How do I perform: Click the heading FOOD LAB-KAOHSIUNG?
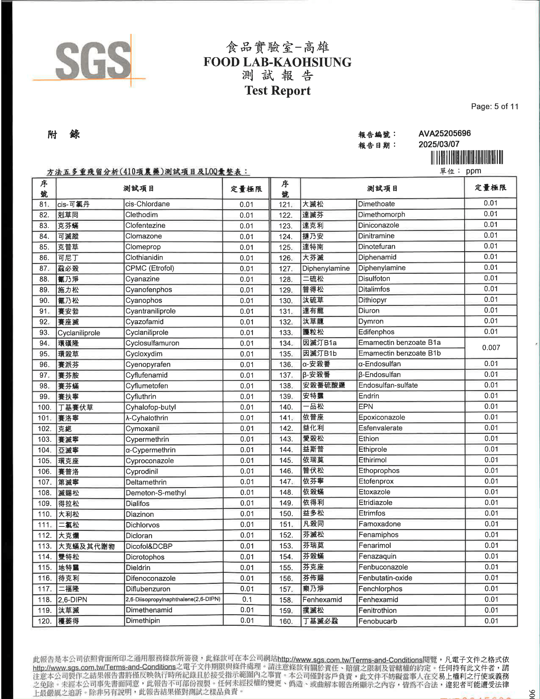277,62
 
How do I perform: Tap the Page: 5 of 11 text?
494,106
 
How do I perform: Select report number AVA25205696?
444,133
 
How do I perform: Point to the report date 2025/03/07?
439,144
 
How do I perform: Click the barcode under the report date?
467,158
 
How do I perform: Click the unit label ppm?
474,171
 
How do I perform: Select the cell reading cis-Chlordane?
147,204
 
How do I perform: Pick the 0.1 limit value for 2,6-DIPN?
246,600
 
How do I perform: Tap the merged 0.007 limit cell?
491,348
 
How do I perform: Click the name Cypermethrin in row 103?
147,439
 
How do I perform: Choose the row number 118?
44,600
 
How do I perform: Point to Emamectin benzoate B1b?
399,353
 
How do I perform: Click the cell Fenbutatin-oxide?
385,578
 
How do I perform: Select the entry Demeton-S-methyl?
156,493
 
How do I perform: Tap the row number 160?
286,621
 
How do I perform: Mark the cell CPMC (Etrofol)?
150,268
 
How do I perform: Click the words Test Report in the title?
277,91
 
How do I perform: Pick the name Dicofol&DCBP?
149,546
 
